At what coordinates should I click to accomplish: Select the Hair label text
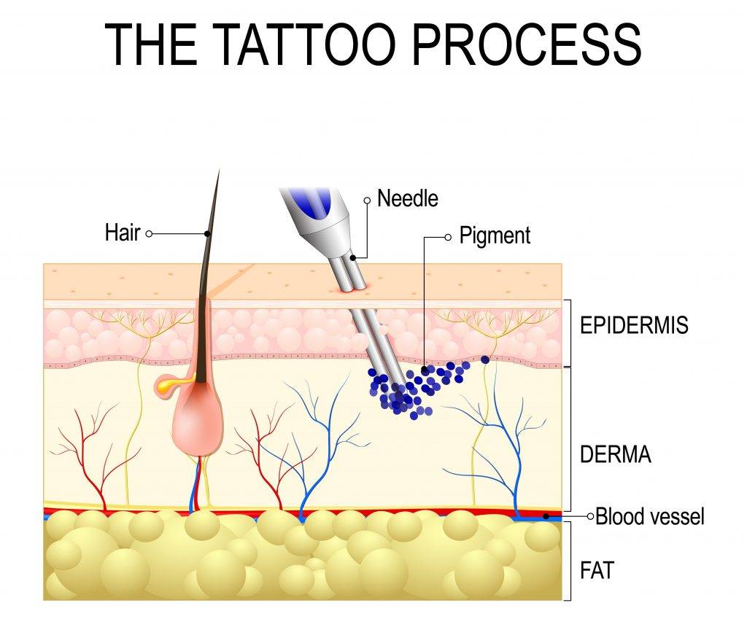point(122,233)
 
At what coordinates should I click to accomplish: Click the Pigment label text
point(495,236)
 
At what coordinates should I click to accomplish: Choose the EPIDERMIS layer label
point(633,325)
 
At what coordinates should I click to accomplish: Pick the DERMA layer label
point(615,455)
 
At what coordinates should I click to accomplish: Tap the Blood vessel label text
point(650,517)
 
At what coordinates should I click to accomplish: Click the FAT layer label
point(597,569)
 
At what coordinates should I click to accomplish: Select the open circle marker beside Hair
point(150,234)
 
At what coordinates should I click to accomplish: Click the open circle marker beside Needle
point(367,199)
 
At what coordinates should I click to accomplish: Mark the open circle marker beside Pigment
point(448,237)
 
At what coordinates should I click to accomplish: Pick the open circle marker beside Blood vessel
point(590,516)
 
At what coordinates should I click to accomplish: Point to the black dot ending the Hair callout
point(208,234)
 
